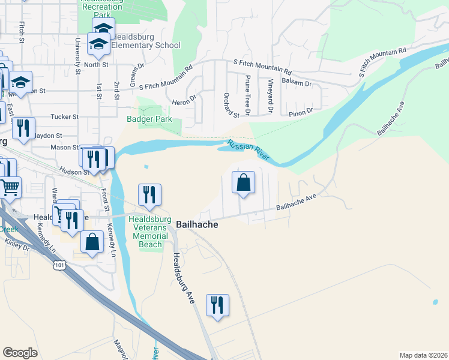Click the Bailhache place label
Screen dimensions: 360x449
coord(197,224)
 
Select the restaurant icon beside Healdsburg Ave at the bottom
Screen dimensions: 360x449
coord(217,305)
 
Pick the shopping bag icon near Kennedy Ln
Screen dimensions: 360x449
coord(92,242)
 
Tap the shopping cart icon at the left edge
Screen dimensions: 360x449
coord(10,188)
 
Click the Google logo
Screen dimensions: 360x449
coord(20,353)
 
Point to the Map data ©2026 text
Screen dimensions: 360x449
coord(423,355)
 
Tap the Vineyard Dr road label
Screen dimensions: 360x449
coord(271,97)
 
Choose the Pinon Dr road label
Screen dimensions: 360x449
coord(301,111)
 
